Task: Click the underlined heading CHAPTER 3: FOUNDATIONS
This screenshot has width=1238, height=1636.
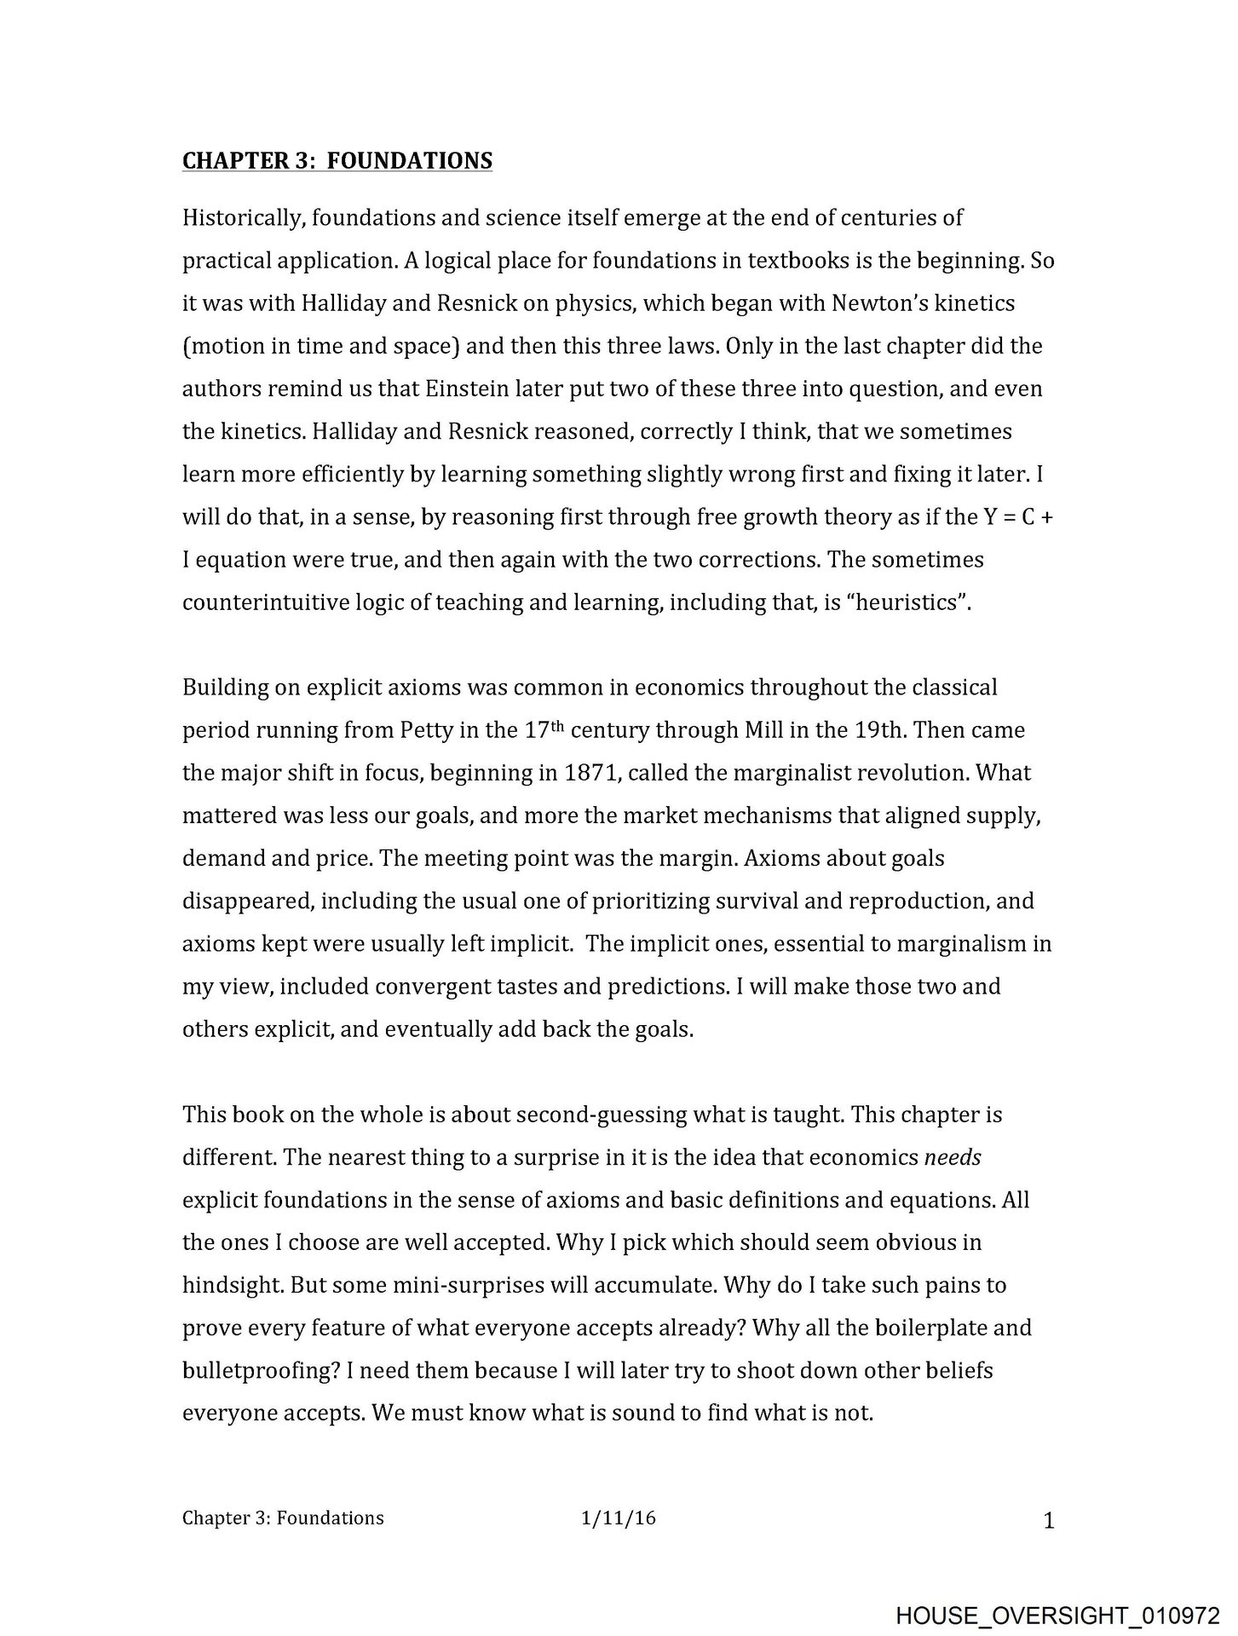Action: pyautogui.click(x=337, y=160)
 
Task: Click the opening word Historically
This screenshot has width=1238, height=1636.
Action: pyautogui.click(x=243, y=218)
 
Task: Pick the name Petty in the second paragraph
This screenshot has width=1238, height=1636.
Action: pyautogui.click(x=427, y=730)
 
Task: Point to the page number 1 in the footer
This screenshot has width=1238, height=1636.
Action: pyautogui.click(x=1049, y=1521)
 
